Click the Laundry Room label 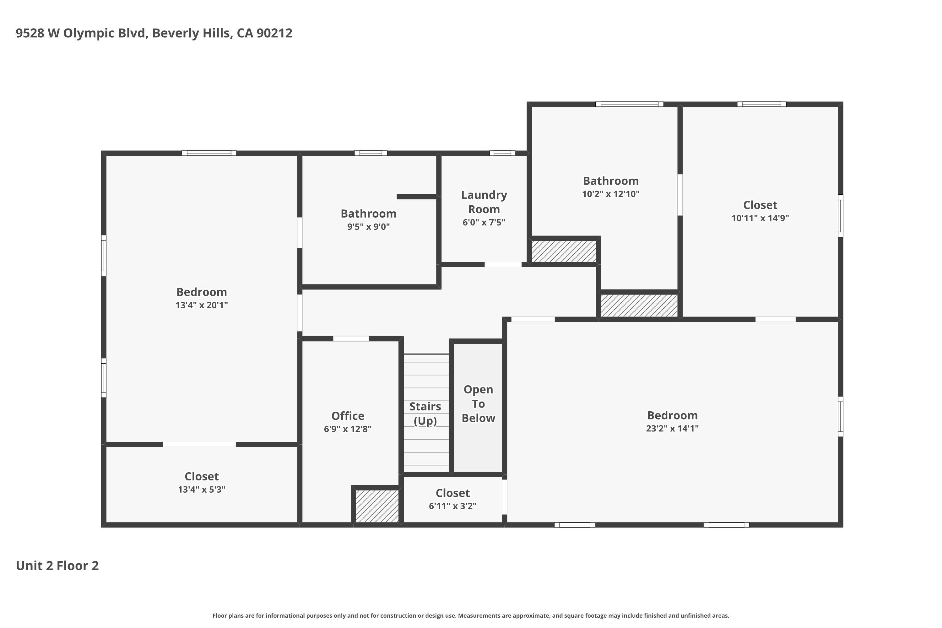484,202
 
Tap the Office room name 348,416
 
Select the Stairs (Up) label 425,413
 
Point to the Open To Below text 478,404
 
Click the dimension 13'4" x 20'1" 202,305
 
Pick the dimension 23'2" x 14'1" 672,428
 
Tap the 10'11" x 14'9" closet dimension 760,218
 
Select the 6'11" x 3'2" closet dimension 452,506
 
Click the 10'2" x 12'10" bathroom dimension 611,194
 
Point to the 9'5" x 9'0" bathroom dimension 368,227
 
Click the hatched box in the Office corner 377,506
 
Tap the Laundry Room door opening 503,264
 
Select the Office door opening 351,339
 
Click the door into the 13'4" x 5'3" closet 199,444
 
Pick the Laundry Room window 502,153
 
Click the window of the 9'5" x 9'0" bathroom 371,153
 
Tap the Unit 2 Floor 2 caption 57,566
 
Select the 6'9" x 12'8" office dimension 348,429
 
